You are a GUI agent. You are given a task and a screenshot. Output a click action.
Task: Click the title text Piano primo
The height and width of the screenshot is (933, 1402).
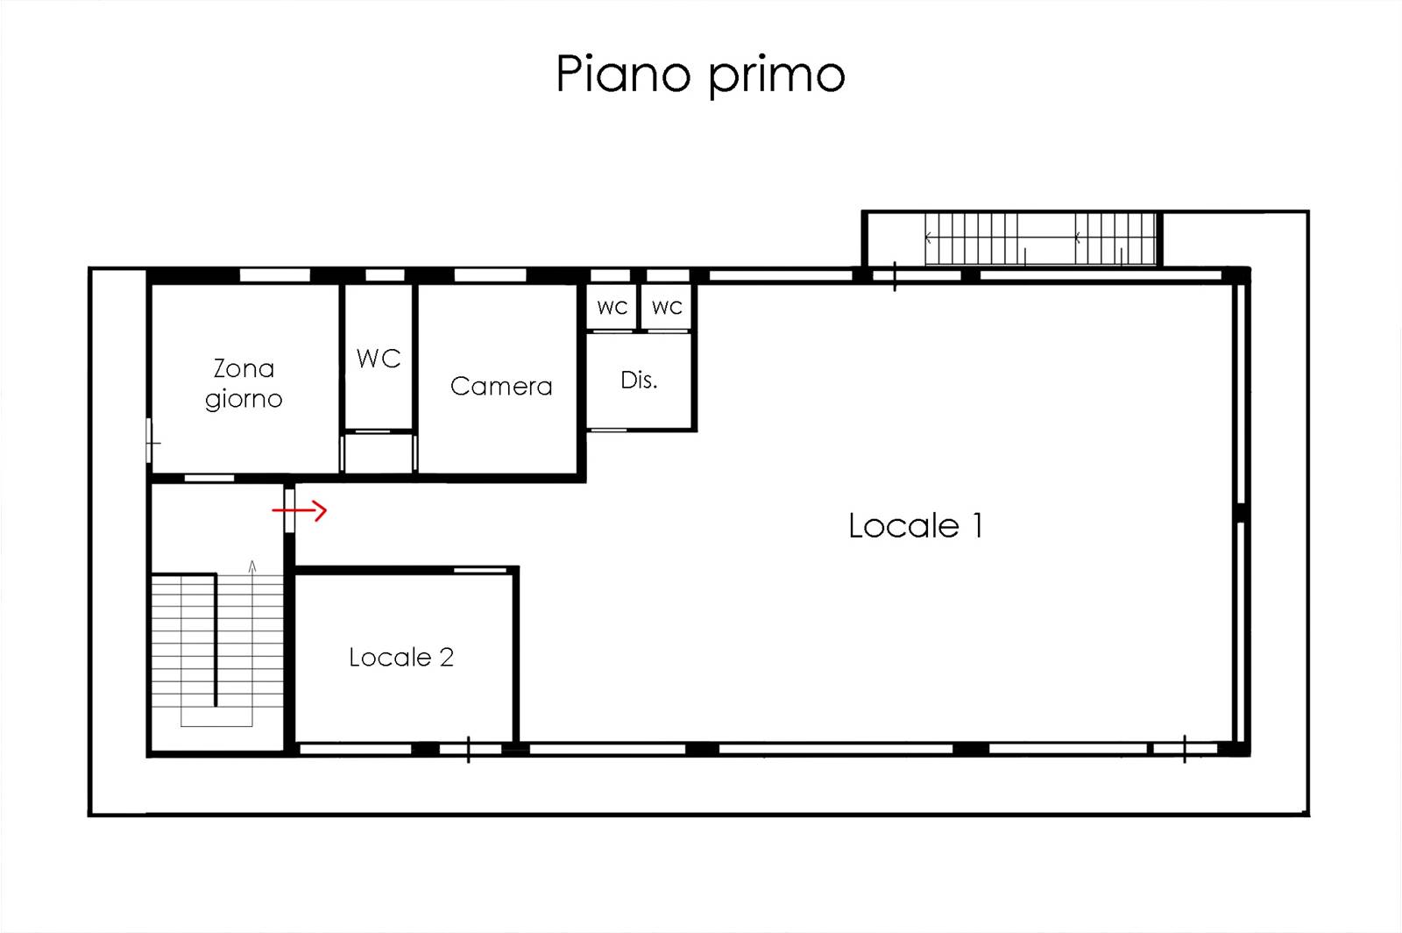700,75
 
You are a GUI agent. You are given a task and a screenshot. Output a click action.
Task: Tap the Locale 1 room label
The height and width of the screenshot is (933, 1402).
916,525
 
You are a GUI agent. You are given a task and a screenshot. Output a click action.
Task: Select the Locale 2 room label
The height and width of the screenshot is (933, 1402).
401,658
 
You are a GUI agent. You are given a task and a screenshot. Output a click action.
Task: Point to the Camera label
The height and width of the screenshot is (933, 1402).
501,387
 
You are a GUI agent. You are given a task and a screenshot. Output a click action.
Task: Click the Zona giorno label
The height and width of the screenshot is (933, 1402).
244,384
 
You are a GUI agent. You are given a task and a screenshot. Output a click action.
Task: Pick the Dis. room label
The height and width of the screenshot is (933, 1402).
639,380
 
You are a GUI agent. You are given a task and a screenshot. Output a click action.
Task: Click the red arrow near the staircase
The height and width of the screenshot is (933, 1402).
299,511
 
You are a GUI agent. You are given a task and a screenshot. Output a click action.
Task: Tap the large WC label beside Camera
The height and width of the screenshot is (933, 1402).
379,359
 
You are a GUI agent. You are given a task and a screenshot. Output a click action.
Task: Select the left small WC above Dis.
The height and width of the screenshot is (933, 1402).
612,308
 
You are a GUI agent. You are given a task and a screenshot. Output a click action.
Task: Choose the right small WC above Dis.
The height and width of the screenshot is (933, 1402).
667,308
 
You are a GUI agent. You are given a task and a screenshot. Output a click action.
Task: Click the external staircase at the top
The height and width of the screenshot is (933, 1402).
1040,239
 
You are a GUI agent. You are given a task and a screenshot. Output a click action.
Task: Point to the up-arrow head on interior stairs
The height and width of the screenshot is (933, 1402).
252,566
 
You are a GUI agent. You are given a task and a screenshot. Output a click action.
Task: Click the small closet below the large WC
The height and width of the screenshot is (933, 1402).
379,453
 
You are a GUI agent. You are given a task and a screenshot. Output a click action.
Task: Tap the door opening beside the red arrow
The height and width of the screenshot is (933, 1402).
290,511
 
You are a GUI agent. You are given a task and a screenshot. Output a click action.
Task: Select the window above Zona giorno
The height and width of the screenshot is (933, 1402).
275,275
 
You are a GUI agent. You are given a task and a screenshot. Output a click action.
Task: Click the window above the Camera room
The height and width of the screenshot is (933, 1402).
490,275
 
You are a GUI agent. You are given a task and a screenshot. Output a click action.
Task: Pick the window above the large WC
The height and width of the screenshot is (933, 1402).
385,275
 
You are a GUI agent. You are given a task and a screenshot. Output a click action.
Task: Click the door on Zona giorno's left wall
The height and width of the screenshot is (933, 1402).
150,441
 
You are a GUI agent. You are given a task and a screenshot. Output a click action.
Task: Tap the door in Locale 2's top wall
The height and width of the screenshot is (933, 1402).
480,570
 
